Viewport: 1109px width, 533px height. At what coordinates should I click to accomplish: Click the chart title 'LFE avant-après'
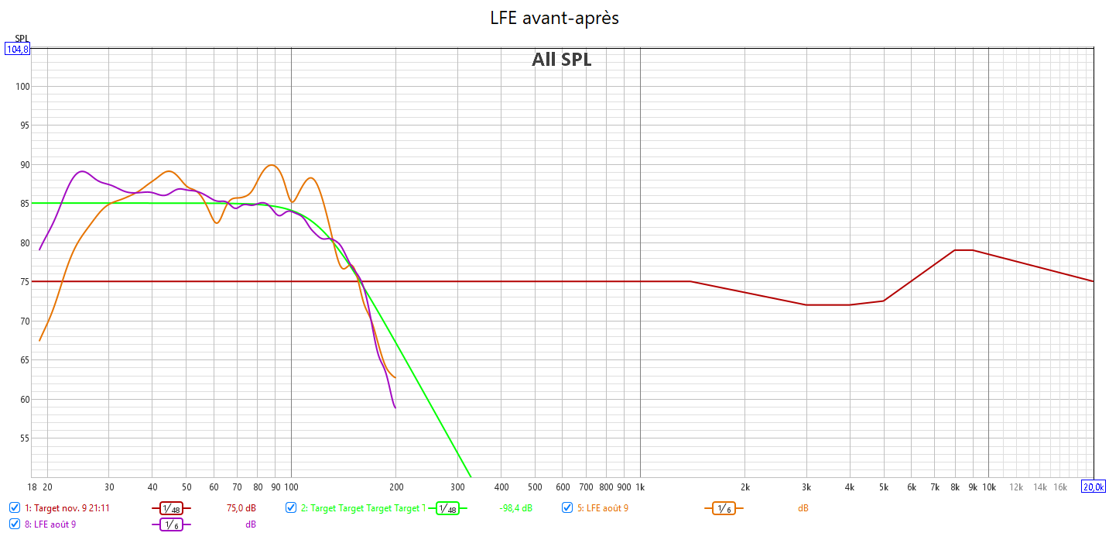(x=554, y=18)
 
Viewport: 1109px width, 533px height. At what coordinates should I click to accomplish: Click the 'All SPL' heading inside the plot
(x=561, y=60)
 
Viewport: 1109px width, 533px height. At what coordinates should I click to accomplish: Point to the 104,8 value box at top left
(x=17, y=50)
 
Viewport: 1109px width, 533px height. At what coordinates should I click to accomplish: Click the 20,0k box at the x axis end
(x=1093, y=487)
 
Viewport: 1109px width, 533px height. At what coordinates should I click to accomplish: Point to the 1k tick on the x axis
(x=639, y=487)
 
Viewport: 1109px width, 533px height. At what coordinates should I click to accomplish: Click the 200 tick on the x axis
(x=395, y=487)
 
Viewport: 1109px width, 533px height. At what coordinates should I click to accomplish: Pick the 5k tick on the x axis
(x=883, y=487)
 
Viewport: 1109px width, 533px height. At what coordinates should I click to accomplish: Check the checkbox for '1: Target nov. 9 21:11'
(x=15, y=507)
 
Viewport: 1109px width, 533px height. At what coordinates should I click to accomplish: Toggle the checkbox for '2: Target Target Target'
(x=291, y=507)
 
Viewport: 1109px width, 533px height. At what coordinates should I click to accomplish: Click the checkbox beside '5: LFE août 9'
(x=567, y=507)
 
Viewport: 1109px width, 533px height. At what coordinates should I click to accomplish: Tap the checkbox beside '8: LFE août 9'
(x=15, y=524)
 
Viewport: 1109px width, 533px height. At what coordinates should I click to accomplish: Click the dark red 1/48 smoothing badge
(x=171, y=508)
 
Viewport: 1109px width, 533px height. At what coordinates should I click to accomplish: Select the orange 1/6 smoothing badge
(x=723, y=508)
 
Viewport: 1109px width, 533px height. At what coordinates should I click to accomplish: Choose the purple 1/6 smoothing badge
(x=171, y=524)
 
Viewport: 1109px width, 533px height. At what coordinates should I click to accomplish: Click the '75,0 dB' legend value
(x=241, y=508)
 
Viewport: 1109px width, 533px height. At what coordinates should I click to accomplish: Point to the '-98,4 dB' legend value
(x=515, y=508)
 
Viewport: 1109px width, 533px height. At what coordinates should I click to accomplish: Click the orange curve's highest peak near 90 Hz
(x=271, y=165)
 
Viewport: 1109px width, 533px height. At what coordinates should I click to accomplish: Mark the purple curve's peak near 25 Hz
(x=83, y=171)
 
